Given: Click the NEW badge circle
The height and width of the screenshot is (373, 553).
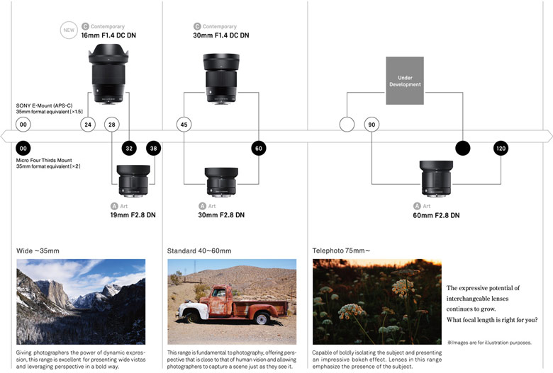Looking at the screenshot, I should [x=69, y=30].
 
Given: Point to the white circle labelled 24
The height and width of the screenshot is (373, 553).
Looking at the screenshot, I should [x=88, y=125].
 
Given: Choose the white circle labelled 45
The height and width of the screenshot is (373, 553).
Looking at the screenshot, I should [x=184, y=125].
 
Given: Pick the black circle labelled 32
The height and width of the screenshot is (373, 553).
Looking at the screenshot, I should [x=129, y=149].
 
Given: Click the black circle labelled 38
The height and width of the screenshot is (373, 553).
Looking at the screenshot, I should [x=154, y=149].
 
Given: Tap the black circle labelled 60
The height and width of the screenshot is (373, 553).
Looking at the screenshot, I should [x=259, y=149].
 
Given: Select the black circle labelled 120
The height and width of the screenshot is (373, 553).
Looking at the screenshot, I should [x=501, y=149].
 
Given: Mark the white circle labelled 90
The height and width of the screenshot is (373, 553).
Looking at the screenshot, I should [x=372, y=125].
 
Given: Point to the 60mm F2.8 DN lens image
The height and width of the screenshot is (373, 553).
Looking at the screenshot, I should [x=435, y=180].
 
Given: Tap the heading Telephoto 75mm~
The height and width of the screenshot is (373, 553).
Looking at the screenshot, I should [x=341, y=251].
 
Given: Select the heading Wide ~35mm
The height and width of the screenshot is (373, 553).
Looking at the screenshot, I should [x=38, y=251].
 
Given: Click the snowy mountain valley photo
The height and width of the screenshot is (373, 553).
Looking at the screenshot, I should [x=80, y=301].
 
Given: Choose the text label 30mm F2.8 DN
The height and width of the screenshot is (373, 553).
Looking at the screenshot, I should [x=221, y=215].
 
